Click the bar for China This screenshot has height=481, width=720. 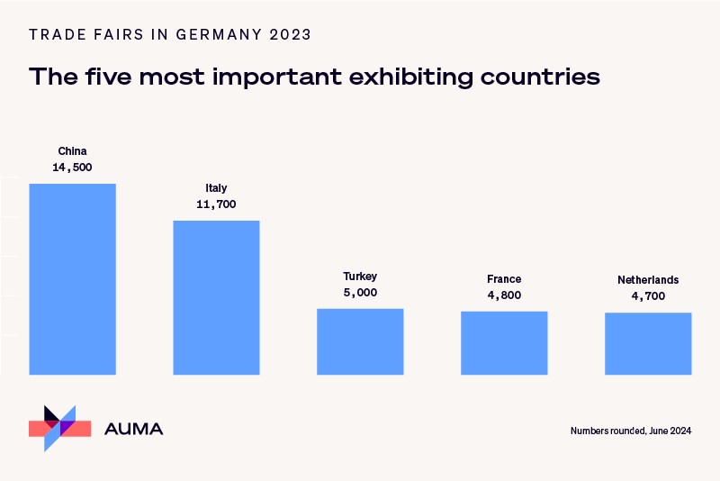pos(72,278)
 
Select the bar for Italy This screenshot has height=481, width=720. pos(216,297)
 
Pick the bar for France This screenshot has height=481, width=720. pos(504,342)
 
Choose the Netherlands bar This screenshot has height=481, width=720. pos(648,343)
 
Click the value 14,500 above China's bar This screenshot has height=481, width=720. pos(72,168)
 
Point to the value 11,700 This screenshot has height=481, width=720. pos(216,204)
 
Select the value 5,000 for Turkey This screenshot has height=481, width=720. pos(360,293)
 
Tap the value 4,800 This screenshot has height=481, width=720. pos(504,295)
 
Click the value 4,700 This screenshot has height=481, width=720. pos(648,296)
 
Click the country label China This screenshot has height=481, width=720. pos(72,151)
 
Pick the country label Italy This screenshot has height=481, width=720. pos(216,188)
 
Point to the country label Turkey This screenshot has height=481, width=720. pos(360,277)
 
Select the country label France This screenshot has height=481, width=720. pos(504,279)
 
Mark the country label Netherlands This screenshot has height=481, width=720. pos(648,280)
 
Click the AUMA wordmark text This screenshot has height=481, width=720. pos(134,430)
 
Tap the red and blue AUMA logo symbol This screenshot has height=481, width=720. pos(60,428)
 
